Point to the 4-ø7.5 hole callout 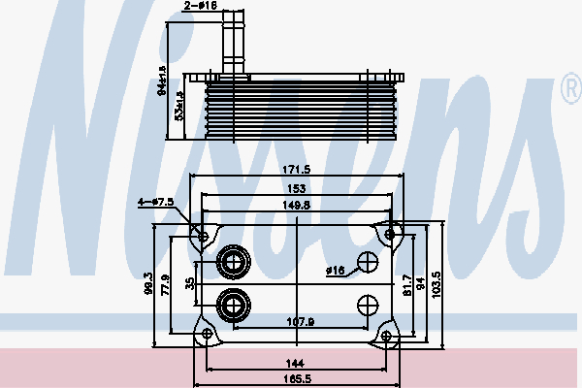click(155, 202)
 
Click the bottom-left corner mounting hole click(205, 335)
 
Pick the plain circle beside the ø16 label click(368, 262)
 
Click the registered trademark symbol click(569, 91)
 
